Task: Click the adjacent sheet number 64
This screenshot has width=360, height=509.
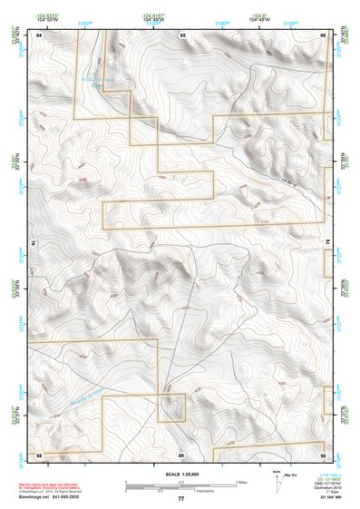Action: click(40, 34)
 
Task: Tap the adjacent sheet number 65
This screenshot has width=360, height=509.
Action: click(182, 34)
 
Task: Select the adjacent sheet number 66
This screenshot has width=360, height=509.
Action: click(323, 34)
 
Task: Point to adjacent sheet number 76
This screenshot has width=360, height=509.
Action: click(35, 243)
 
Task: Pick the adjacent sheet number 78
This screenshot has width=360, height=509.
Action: click(327, 243)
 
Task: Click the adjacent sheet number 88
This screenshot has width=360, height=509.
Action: click(40, 453)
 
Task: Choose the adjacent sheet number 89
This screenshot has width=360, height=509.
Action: click(182, 453)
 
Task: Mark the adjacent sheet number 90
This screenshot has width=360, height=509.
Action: click(323, 453)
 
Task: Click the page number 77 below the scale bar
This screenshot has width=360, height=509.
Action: click(180, 499)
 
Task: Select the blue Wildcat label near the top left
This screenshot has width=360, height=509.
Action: click(106, 80)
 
